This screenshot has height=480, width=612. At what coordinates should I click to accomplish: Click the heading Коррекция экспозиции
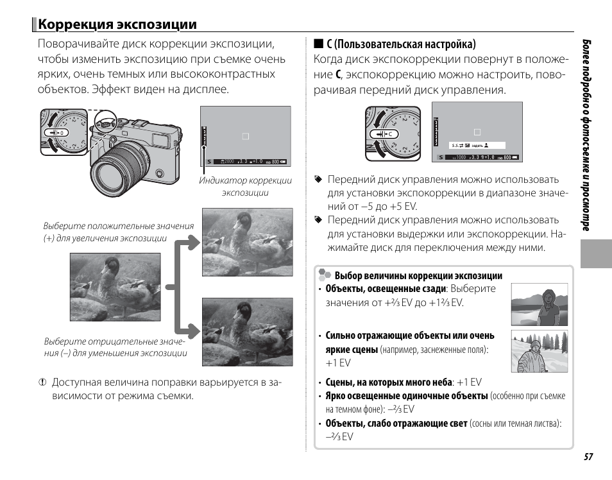coord(117,24)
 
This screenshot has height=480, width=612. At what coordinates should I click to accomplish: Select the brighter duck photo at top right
coord(247,242)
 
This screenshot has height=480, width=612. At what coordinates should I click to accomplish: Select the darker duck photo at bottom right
coord(247,331)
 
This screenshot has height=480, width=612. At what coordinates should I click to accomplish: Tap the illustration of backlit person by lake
coord(540,305)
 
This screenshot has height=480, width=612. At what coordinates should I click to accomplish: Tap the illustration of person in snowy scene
coord(540,352)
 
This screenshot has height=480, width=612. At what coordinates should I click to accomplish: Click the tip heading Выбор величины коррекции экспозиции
coord(418,276)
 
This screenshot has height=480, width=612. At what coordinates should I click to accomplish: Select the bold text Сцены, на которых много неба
coord(388,382)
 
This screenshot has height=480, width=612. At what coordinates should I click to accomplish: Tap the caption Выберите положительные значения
coord(118,232)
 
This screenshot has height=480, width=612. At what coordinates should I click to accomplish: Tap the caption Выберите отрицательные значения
coord(115,347)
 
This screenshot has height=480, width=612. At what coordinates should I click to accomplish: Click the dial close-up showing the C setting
coord(396,133)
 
